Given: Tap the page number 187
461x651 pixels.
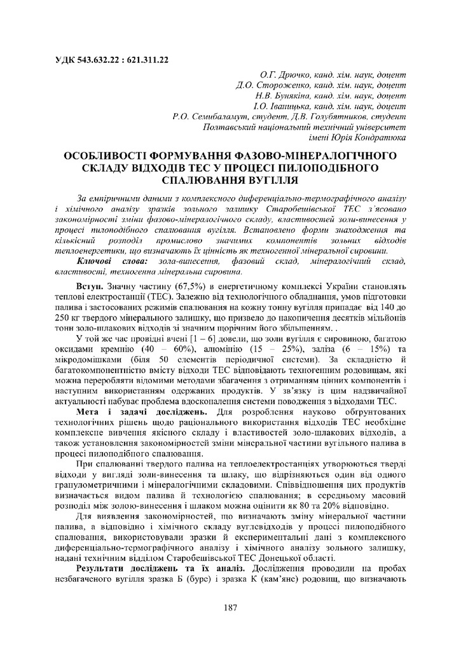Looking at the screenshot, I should click(x=230, y=608).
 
